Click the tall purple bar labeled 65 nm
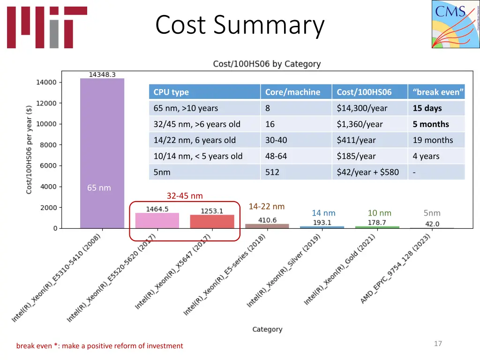click(x=102, y=150)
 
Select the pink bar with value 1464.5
click(x=157, y=221)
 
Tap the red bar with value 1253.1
click(x=212, y=222)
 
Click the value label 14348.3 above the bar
click(x=102, y=75)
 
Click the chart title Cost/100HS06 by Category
click(x=267, y=64)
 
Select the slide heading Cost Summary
click(x=240, y=25)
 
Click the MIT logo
click(x=47, y=27)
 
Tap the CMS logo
click(x=455, y=24)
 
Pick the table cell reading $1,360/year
click(x=360, y=124)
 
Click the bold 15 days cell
click(x=427, y=108)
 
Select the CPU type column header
click(x=171, y=92)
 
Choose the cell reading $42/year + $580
click(x=367, y=172)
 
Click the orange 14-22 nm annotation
click(x=266, y=206)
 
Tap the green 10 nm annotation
click(x=379, y=213)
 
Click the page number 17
click(x=438, y=344)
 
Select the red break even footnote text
click(x=99, y=346)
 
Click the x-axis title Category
click(x=267, y=330)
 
